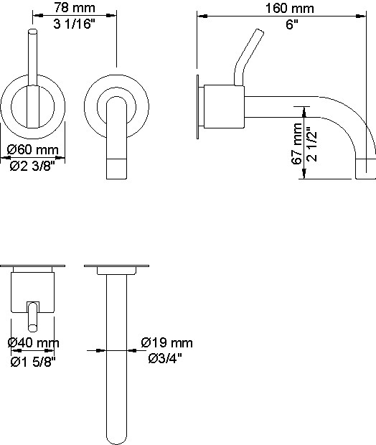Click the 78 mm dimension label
[75, 8]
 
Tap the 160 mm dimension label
[290, 8]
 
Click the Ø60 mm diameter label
[33, 149]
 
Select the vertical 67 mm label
[297, 144]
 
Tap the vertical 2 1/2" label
[311, 146]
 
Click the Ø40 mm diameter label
[34, 343]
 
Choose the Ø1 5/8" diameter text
[33, 362]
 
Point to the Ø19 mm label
[167, 342]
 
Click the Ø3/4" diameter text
[165, 358]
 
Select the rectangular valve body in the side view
[224, 106]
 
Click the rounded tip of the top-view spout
[117, 441]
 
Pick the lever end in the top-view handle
[32, 328]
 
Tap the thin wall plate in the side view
[197, 107]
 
